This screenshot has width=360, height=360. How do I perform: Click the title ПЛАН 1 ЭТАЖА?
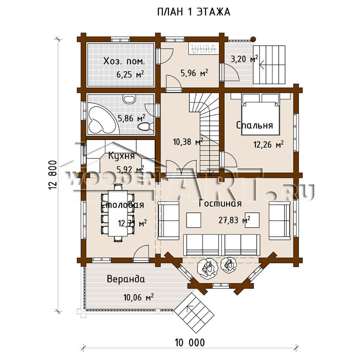[194, 12]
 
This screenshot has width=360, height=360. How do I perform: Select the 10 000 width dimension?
[189, 342]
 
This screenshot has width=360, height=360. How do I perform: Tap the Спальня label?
[255, 126]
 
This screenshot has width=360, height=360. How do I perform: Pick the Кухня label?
[122, 156]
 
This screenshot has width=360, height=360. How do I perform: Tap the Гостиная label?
[220, 204]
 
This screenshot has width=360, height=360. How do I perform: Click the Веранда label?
[126, 279]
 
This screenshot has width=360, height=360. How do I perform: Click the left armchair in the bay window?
[207, 266]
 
